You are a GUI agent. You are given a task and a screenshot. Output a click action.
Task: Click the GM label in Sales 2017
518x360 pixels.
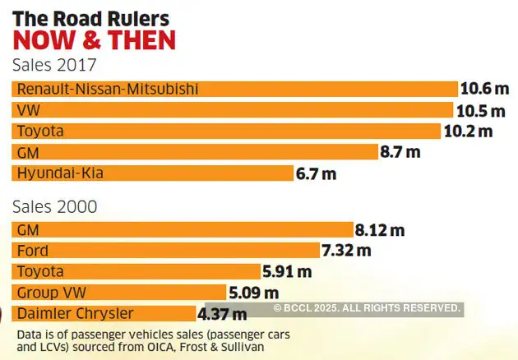pos(28,152)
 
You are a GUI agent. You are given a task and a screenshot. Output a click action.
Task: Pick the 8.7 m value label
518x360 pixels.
pos(400,152)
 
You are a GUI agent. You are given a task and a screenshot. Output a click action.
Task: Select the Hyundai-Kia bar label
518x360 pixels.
pos(61,173)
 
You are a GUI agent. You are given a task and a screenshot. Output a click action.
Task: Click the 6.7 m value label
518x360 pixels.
pos(317,173)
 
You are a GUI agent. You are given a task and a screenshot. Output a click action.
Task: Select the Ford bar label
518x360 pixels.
pos(33,251)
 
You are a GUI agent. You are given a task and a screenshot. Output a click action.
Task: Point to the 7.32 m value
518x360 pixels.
pos(347,251)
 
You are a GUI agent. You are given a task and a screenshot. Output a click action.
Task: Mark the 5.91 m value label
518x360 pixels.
pos(288,271)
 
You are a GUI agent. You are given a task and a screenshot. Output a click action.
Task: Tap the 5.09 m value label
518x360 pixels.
pos(254,293)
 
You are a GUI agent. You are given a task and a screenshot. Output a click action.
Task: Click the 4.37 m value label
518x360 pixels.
pos(222,313)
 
